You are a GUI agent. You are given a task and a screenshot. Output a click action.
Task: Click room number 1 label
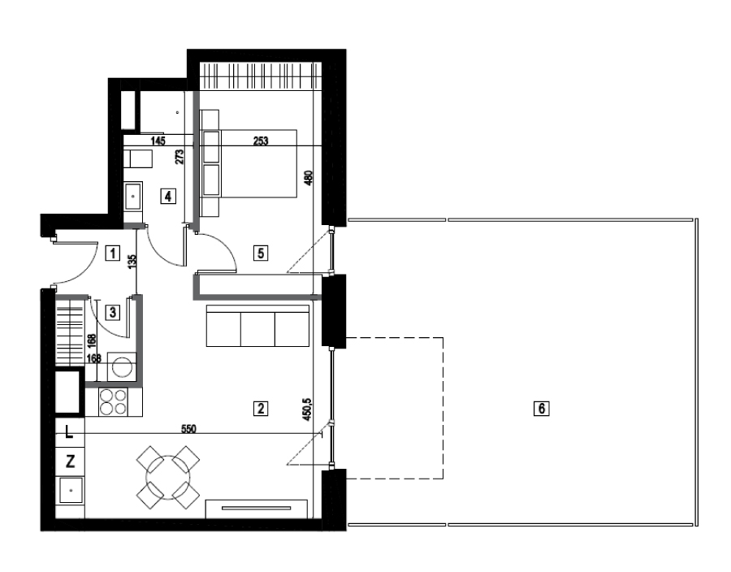112,253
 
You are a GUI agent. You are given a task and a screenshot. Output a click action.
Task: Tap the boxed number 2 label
261,409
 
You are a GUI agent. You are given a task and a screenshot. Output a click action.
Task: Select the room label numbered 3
112,312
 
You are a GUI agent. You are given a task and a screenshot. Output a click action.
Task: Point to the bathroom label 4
168,196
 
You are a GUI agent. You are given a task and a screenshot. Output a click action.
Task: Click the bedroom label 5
261,253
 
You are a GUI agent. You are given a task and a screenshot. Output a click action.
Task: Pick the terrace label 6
541,409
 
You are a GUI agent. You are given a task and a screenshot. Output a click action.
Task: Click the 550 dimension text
188,428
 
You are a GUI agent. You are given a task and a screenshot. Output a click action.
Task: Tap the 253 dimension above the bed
261,141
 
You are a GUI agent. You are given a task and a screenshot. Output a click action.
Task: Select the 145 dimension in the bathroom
158,141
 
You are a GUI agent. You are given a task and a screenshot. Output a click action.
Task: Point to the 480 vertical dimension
308,179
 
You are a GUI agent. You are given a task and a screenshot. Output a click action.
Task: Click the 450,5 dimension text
307,409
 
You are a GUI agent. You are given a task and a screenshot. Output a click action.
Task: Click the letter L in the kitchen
69,432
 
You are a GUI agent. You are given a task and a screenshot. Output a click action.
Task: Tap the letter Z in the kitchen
70,461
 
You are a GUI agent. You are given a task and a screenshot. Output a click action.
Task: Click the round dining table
168,478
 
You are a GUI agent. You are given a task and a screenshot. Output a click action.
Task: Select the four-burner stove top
114,402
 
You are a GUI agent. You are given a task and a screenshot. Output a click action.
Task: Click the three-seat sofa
257,326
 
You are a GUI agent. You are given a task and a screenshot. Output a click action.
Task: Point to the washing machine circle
123,367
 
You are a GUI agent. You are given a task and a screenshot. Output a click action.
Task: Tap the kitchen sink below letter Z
71,491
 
